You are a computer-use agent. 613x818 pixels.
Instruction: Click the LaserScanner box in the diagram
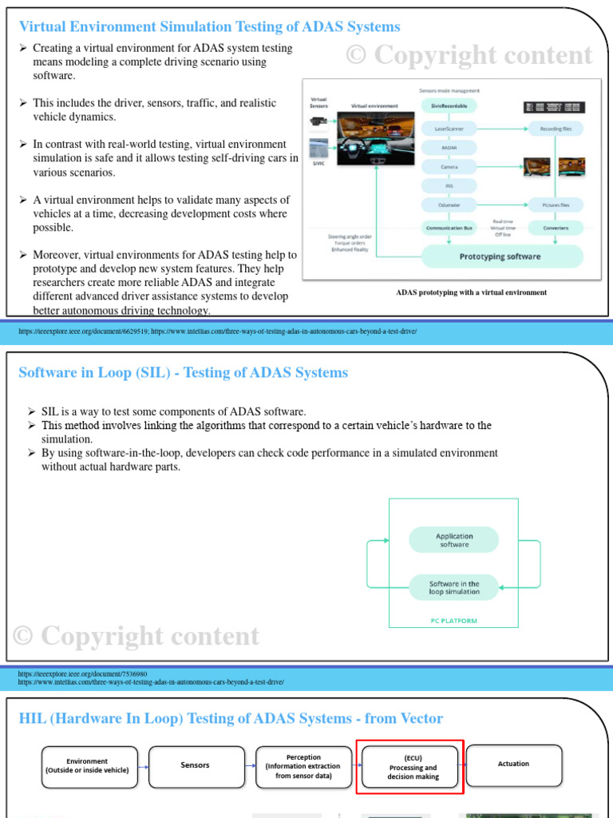(x=449, y=128)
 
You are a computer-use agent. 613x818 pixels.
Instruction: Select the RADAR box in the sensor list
(x=449, y=148)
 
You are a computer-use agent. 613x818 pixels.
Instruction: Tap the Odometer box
(x=449, y=206)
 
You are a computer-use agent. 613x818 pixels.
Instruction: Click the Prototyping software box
(x=500, y=256)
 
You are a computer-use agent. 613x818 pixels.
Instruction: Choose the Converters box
(x=556, y=228)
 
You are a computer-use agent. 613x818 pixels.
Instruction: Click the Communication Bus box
(x=449, y=228)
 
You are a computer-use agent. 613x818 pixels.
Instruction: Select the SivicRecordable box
(x=449, y=105)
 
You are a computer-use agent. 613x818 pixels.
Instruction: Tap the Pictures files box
(x=556, y=205)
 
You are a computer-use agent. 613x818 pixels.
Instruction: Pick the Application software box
(x=453, y=540)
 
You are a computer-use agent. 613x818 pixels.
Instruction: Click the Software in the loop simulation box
(x=453, y=587)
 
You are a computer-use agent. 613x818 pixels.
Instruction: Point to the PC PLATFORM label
(x=453, y=621)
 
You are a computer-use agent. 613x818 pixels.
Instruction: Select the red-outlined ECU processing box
(x=411, y=768)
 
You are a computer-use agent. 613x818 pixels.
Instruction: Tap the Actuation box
(x=513, y=764)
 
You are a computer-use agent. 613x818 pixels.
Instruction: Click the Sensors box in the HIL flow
(x=196, y=765)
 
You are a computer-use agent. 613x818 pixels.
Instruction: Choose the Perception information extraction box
(x=303, y=766)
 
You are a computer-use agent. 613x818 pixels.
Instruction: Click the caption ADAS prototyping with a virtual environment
(x=471, y=292)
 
